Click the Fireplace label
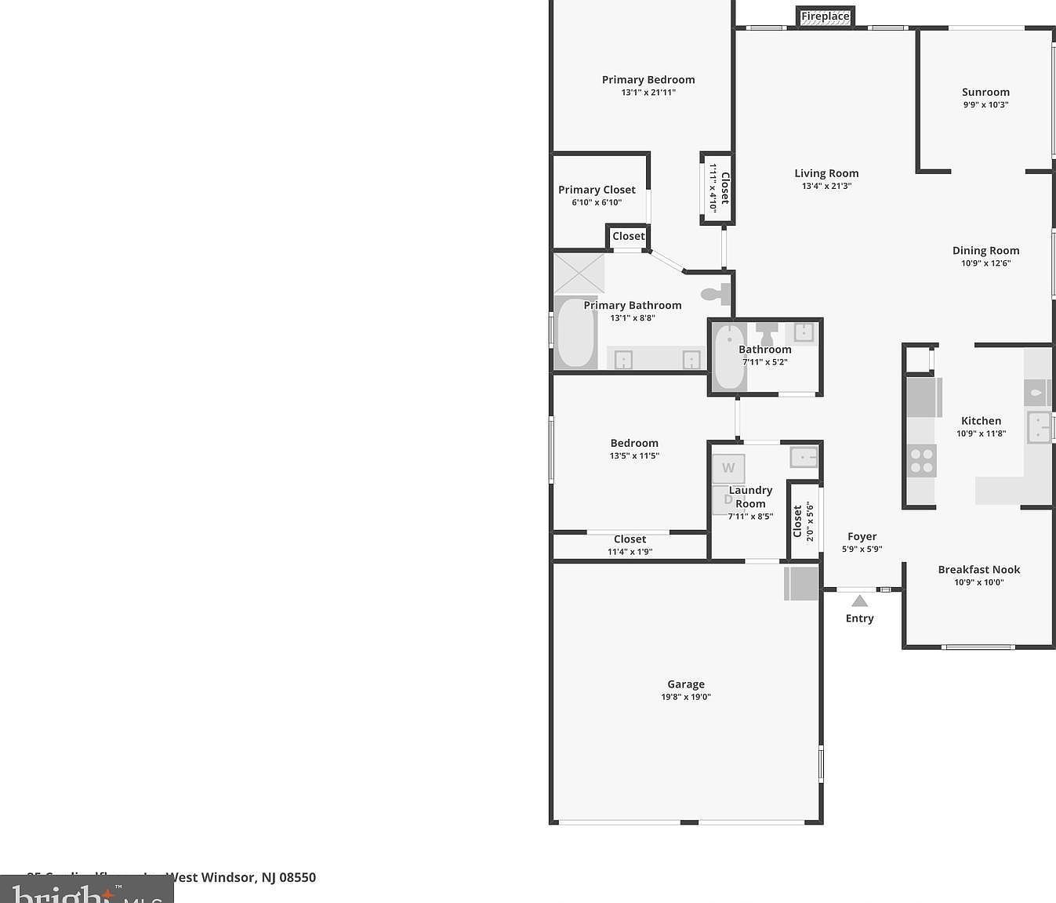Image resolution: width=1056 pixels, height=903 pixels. [825, 16]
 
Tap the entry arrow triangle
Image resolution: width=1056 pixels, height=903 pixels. [859, 601]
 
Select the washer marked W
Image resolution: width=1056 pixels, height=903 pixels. [728, 468]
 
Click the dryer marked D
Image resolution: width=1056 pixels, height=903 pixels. [727, 499]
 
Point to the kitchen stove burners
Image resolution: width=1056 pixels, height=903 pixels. [921, 460]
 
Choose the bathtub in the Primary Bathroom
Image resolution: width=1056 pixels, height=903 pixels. [575, 332]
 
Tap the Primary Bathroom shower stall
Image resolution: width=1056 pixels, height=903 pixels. [579, 273]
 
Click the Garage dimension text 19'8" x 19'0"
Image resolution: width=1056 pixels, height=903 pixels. [686, 697]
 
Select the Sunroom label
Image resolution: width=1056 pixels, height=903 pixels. [985, 92]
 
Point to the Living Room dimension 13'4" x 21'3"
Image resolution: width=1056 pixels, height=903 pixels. [826, 186]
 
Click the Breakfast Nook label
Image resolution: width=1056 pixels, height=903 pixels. [978, 569]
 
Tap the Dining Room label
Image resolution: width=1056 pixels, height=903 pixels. [985, 250]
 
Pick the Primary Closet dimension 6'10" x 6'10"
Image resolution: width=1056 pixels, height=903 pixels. [597, 202]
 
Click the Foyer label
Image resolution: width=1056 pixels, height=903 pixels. [862, 536]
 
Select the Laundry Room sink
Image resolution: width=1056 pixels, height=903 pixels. [804, 456]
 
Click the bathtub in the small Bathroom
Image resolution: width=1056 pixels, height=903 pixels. [729, 357]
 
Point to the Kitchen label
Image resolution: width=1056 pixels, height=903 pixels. [981, 420]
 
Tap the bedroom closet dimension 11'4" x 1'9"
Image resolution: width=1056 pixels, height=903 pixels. [630, 552]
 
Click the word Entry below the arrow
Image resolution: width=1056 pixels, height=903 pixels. [859, 618]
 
